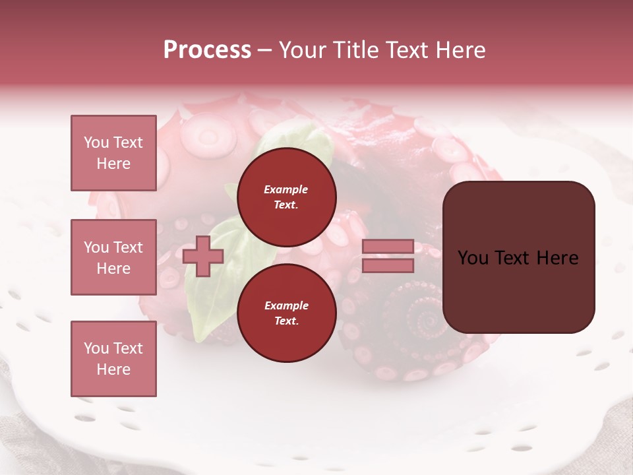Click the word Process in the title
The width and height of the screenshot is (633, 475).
click(x=207, y=50)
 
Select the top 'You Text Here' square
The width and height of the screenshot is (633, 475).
click(x=113, y=153)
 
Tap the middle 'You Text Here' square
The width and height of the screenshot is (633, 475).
click(x=113, y=257)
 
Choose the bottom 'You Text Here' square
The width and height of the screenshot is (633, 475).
click(x=113, y=358)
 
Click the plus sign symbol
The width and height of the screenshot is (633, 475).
click(x=203, y=256)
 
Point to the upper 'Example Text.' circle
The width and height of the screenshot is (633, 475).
click(x=286, y=197)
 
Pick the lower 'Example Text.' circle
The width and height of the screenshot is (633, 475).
click(x=286, y=313)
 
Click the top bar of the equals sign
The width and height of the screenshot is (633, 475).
click(x=388, y=247)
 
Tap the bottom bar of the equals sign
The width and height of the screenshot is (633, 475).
click(x=388, y=266)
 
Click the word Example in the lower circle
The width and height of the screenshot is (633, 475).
click(x=286, y=305)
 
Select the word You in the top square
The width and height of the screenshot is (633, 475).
click(x=96, y=142)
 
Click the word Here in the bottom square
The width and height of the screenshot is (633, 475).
click(x=113, y=369)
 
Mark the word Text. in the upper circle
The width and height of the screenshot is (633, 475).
click(x=286, y=205)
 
